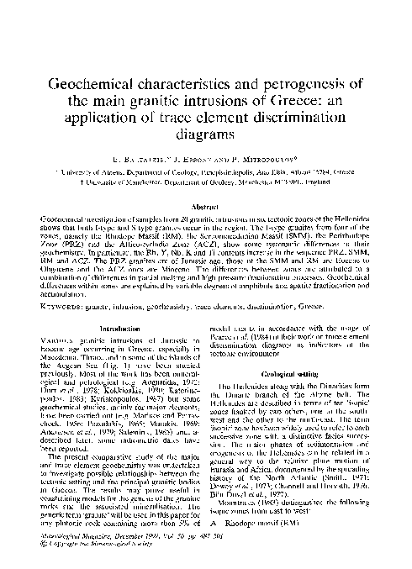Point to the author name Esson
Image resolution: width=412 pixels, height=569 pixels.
point(188,156)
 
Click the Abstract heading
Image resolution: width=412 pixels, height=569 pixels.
point(205,206)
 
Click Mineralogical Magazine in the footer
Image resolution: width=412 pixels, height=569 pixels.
point(58,557)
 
